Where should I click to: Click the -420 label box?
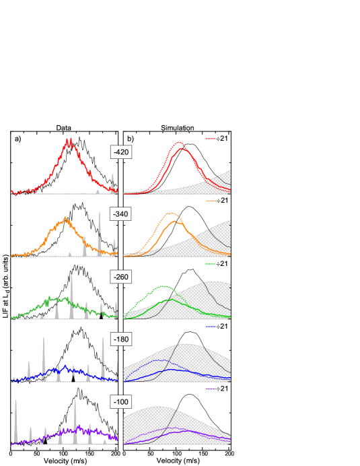coord(121,152)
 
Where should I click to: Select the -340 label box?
coord(121,214)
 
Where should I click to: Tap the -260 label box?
coord(121,277)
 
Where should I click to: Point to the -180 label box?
coord(121,339)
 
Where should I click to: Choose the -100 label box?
coord(121,402)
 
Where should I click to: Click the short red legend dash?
coord(211,139)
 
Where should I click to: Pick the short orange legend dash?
coord(211,201)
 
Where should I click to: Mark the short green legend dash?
coord(211,264)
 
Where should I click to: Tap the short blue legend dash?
coord(211,327)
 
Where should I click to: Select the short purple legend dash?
coord(211,389)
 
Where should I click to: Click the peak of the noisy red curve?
coord(69,141)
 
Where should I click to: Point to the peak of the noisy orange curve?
coord(65,218)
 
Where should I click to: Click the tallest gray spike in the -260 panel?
coord(72,275)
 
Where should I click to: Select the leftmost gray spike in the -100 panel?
coord(16,402)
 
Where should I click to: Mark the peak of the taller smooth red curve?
coord(179,142)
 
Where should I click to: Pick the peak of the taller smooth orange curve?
coord(172,213)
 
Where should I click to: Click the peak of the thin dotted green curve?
coord(164,286)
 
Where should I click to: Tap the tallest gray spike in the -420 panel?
coord(112,175)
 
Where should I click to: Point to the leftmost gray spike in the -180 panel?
coord(29,363)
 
